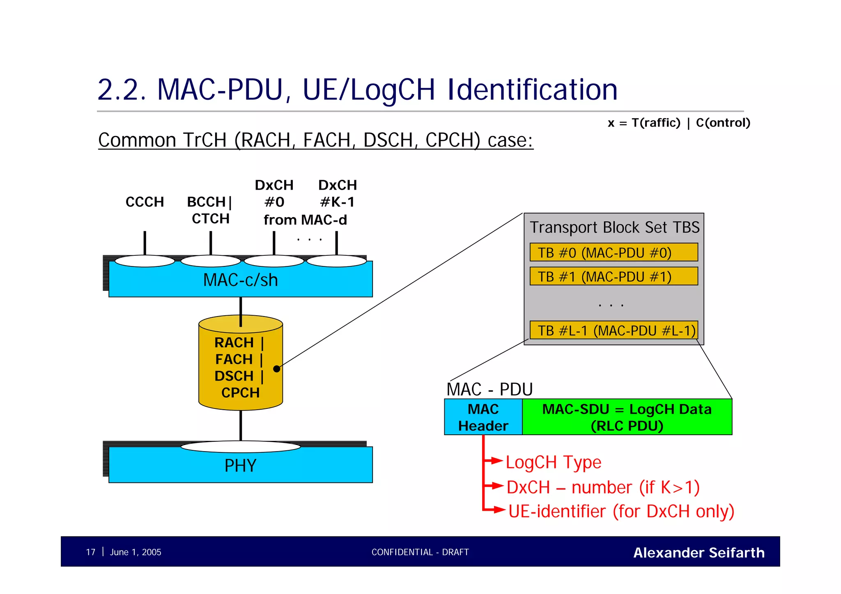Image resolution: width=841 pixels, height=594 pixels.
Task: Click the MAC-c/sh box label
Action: pos(241,280)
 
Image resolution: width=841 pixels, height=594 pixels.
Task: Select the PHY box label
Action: pos(241,466)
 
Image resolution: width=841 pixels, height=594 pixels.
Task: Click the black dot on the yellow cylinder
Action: pos(276,369)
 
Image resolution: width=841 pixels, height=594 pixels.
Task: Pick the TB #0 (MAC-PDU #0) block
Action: pos(614,252)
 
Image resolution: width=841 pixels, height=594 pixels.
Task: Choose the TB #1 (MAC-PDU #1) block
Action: pos(614,276)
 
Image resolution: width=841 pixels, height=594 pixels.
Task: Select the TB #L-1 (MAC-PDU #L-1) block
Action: pos(614,330)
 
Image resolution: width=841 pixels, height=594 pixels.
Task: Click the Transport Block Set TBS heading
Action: pos(614,227)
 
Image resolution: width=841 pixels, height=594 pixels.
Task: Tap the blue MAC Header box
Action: pos(483,417)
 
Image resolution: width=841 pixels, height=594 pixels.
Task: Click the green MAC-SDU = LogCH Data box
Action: pos(627,417)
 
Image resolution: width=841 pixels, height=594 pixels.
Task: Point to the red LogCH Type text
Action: pos(553,462)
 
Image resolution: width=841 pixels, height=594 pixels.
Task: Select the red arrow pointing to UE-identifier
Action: pos(498,510)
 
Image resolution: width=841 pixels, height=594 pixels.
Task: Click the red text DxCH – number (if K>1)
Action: pos(603,487)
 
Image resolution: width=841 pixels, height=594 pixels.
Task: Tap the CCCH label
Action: pos(145,202)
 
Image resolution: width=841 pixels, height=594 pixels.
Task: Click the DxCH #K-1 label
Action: pos(337,193)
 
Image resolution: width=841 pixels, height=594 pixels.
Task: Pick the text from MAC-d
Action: pos(305,220)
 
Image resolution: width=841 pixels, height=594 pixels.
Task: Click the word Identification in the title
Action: pos(532,89)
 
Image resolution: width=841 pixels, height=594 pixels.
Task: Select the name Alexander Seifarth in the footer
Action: pos(699,553)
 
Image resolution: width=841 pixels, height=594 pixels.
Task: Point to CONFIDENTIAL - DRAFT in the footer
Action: pos(420,552)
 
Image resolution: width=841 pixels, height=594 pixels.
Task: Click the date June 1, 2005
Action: pos(136,552)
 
